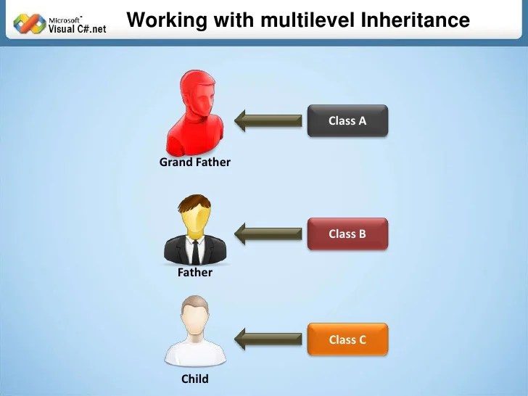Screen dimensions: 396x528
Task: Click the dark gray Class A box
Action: (x=347, y=120)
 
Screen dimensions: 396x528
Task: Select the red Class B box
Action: (x=347, y=234)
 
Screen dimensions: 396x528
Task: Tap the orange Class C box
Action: (x=347, y=339)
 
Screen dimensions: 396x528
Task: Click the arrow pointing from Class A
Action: (x=268, y=120)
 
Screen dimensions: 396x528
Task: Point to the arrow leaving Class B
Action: (x=268, y=234)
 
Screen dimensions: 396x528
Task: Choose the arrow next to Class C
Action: (x=268, y=338)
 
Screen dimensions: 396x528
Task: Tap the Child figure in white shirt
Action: (x=194, y=334)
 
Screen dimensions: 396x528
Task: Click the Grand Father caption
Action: (x=194, y=162)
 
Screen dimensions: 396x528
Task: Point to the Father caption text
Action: (x=194, y=273)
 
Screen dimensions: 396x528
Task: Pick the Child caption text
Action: (x=194, y=379)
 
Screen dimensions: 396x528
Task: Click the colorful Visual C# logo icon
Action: (x=30, y=23)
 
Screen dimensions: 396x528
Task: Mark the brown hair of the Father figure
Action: (x=194, y=202)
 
